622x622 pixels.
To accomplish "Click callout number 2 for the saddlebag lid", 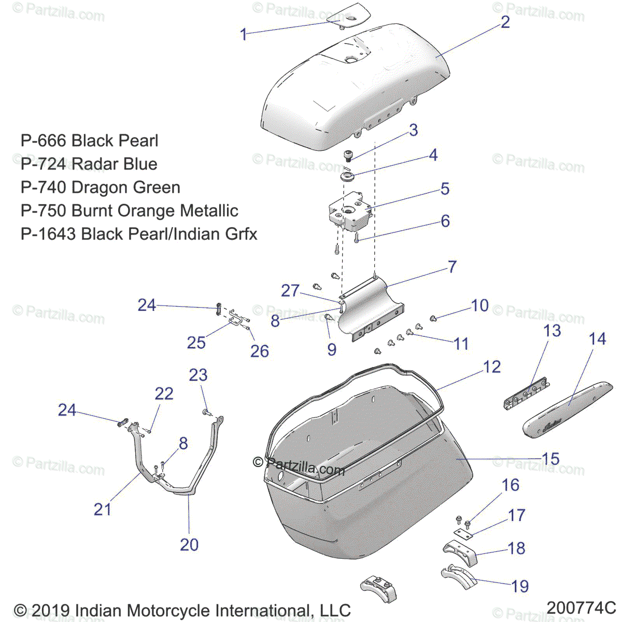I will (x=505, y=22).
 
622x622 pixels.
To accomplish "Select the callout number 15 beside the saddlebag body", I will (x=550, y=459).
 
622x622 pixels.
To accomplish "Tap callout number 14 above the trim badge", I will (x=597, y=339).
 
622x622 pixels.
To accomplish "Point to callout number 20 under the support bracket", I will (x=189, y=545).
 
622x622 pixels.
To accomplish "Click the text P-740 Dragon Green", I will (x=100, y=187).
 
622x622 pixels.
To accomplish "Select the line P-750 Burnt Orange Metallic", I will (x=129, y=210).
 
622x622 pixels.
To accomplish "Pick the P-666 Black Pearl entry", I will (x=89, y=140).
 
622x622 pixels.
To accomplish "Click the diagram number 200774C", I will (x=580, y=607).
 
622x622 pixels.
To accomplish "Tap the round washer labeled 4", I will (x=347, y=177).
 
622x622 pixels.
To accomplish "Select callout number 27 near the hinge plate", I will (x=290, y=290).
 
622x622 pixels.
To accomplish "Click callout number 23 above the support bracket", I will (x=198, y=375).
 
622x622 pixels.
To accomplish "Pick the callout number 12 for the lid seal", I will (x=491, y=367).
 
